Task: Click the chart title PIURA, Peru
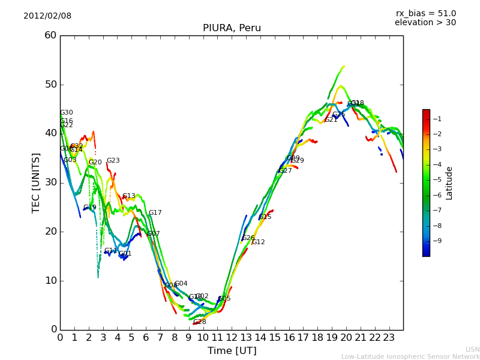pos(232,28)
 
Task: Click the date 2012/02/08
pos(47,16)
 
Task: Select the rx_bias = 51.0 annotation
pos(425,13)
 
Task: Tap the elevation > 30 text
pos(425,23)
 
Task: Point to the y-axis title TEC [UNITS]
pos(36,182)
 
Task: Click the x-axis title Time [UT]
pos(232,350)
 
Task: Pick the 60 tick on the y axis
pos(50,35)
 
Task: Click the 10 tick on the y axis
pos(50,280)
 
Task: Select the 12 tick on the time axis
pos(232,337)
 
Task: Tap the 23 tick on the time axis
pos(389,337)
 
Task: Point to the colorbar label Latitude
pos(449,182)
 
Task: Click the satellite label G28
pos(199,322)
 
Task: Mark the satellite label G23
pos(113,161)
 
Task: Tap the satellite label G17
pos(155,213)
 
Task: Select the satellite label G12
pos(258,242)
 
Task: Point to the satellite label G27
pos(286,171)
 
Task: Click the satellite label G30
pos(66,113)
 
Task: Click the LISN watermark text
pos(472,349)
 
